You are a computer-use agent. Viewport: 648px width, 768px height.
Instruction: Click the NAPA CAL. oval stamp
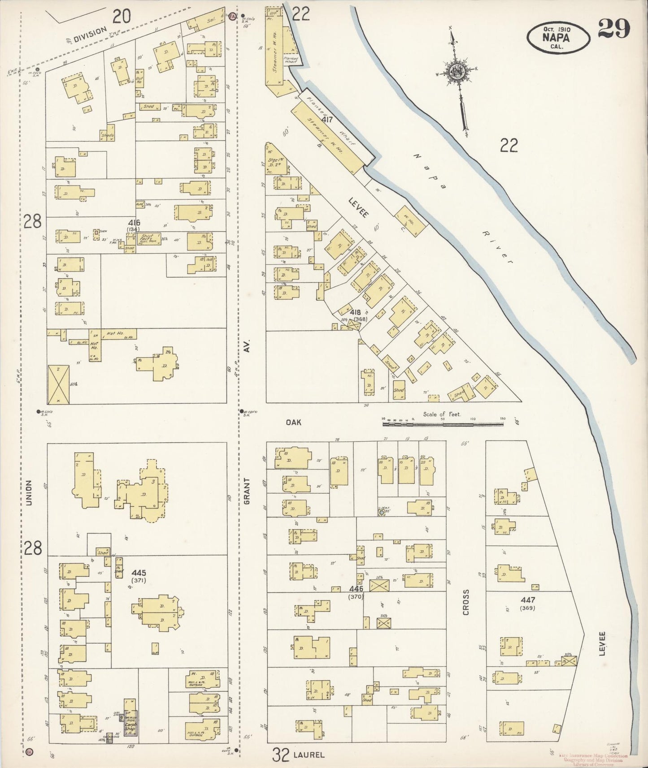click(557, 38)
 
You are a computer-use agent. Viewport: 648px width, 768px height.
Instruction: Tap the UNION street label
click(29, 493)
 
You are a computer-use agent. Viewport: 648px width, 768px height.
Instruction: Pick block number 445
click(139, 573)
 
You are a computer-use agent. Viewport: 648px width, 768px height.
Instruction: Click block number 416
click(134, 223)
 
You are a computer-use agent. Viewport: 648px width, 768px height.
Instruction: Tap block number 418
click(356, 312)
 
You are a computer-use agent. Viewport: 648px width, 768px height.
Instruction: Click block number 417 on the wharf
click(327, 120)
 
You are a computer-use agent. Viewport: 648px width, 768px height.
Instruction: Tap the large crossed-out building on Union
click(58, 384)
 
